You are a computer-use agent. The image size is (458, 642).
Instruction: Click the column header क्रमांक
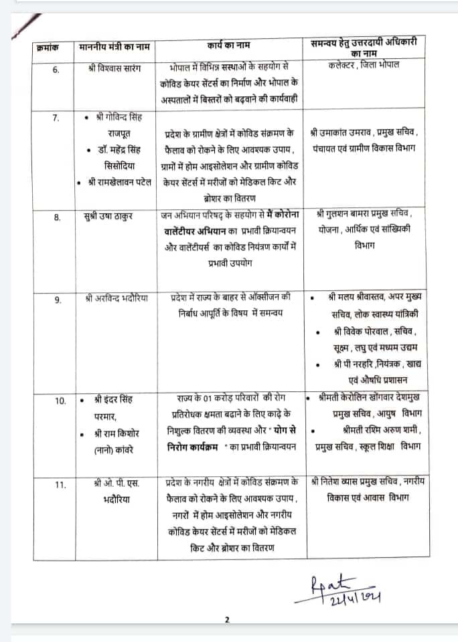pos(48,49)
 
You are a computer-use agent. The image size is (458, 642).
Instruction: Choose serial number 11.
pos(56,485)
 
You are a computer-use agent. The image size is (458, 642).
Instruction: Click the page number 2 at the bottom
pos(228,620)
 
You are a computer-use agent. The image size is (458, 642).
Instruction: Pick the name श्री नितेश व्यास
pos(342,481)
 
